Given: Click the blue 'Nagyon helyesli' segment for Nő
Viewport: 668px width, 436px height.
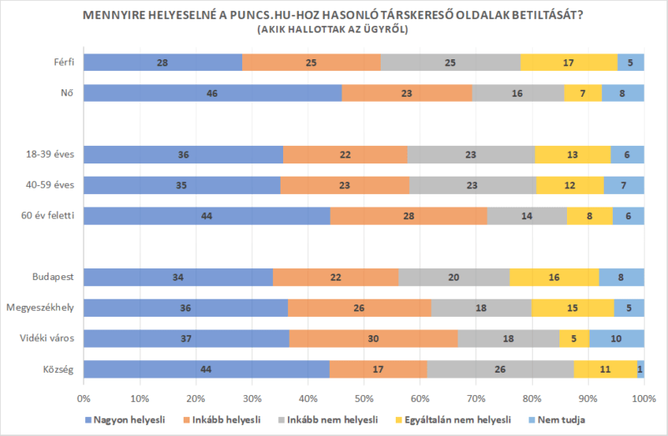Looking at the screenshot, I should pyautogui.click(x=213, y=93).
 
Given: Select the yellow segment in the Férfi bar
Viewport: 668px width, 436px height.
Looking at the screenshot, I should pyautogui.click(x=569, y=63).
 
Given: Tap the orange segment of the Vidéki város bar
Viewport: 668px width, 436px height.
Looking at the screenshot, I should pyautogui.click(x=373, y=338).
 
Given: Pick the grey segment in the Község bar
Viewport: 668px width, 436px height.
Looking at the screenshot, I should pyautogui.click(x=500, y=368).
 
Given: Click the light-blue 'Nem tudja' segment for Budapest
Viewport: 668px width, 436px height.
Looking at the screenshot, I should pyautogui.click(x=621, y=277).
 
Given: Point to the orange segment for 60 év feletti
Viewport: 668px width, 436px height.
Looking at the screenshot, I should pyautogui.click(x=409, y=216).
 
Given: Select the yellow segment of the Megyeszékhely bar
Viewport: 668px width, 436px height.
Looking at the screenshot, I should pyautogui.click(x=572, y=308).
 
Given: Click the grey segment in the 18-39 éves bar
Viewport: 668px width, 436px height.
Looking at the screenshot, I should pyautogui.click(x=471, y=154).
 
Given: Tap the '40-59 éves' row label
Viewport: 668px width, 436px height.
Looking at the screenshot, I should pyautogui.click(x=51, y=185).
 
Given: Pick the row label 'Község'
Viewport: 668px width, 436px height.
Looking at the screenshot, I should pyautogui.click(x=58, y=368).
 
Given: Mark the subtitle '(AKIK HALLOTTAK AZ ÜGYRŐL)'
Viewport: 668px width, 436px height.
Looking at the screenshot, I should pyautogui.click(x=334, y=29).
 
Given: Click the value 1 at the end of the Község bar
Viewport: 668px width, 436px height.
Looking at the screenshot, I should pyautogui.click(x=640, y=368).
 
